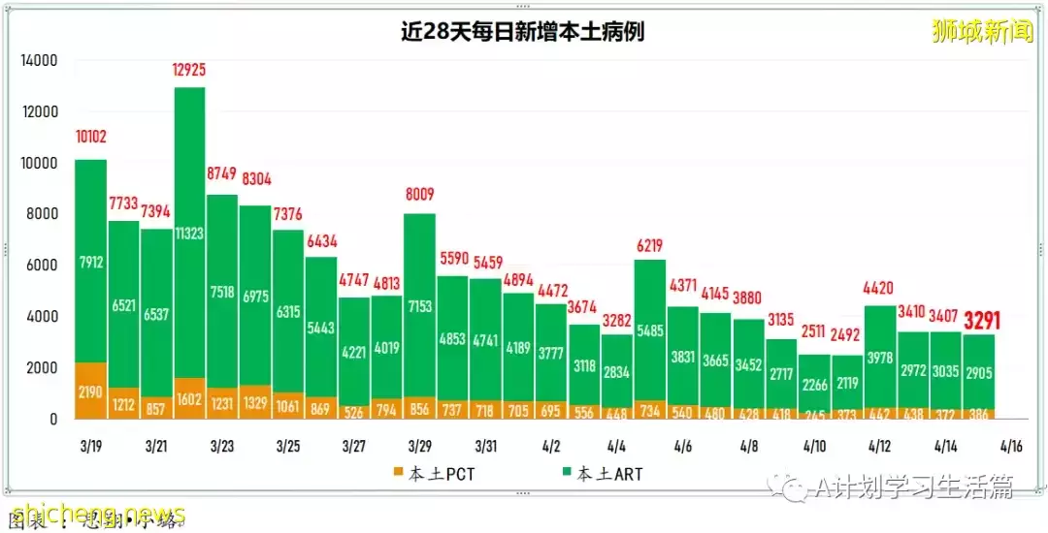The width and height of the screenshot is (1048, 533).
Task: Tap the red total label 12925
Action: [x=189, y=70]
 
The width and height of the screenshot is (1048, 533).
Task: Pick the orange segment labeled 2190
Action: [x=90, y=392]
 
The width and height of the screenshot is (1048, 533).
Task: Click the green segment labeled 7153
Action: [x=420, y=307]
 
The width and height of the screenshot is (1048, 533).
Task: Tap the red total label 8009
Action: [x=420, y=194]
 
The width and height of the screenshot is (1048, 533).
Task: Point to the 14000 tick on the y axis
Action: [x=39, y=60]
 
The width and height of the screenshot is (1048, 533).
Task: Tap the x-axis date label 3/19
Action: [x=90, y=447]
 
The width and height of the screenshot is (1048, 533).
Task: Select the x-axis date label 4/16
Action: [x=1012, y=447]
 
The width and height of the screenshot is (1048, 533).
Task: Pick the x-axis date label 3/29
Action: [x=420, y=447]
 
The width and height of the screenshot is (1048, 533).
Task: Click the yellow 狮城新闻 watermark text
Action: [x=982, y=32]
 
